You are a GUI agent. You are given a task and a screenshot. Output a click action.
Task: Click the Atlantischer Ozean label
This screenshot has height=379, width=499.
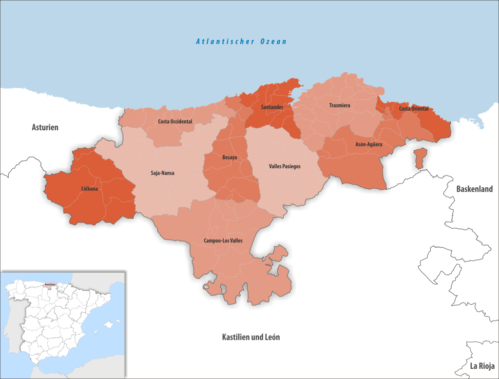(241, 41)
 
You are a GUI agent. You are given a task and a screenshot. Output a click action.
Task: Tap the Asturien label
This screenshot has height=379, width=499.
(45, 127)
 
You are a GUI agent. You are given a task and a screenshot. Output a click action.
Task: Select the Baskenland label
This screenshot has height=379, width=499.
(474, 189)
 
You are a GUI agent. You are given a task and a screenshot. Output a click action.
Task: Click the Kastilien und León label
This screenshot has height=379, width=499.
(250, 337)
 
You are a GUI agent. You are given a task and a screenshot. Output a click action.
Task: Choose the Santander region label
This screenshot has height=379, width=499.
(272, 107)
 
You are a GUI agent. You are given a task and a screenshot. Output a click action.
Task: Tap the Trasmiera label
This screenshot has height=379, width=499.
(339, 105)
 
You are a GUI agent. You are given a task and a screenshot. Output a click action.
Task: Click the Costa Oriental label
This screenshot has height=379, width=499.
(413, 108)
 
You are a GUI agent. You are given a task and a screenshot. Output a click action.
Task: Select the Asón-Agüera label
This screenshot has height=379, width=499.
(368, 144)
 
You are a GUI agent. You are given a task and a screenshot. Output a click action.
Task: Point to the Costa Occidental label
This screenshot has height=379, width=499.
(175, 121)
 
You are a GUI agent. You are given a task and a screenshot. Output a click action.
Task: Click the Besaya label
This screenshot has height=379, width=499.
(230, 158)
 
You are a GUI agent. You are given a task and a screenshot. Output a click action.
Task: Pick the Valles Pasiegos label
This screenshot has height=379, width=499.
(285, 166)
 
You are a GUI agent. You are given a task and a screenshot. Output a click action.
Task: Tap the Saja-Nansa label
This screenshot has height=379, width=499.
(162, 173)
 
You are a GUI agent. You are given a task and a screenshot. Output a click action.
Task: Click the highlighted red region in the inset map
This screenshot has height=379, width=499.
(49, 285)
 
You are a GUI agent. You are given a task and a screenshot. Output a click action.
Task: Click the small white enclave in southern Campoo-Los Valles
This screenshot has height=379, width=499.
(207, 287)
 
